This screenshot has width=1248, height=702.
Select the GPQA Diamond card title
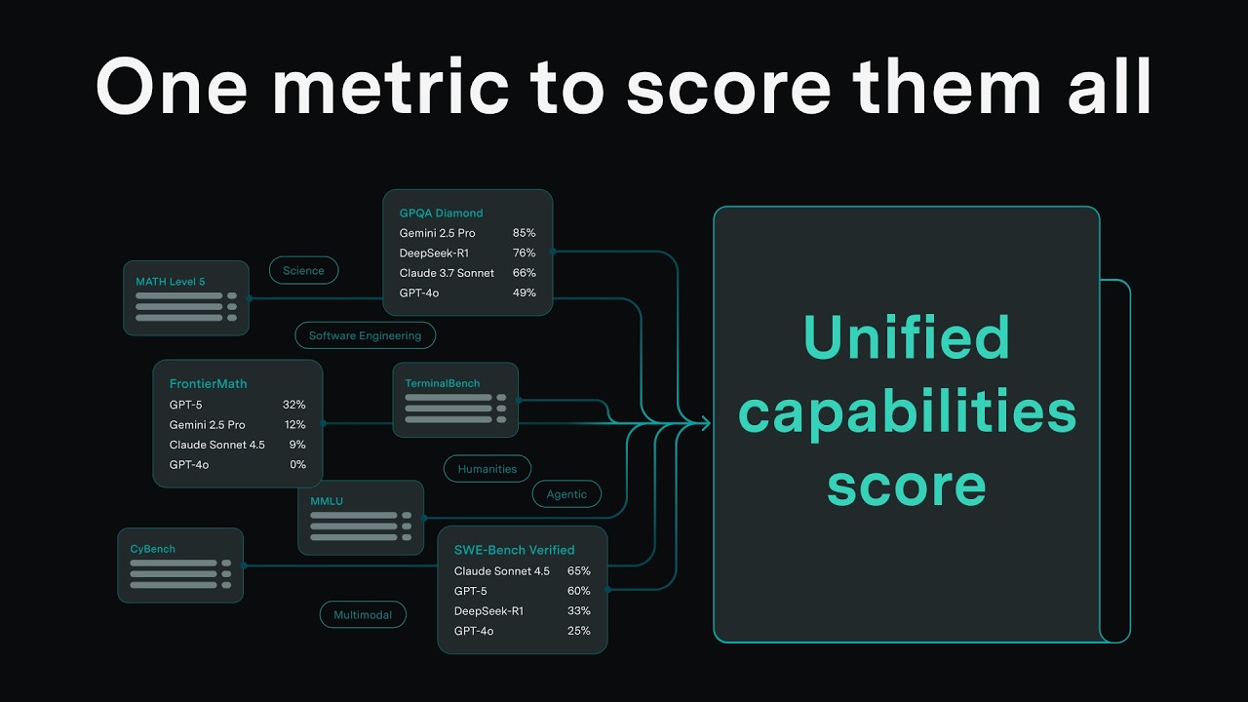coord(441,213)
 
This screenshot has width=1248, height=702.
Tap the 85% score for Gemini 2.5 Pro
coord(524,233)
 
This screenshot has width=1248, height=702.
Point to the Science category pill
coord(303,270)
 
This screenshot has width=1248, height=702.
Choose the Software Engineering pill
coord(365,335)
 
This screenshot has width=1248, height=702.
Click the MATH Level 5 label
coord(171,282)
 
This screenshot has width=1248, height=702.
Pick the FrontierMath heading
coord(208,383)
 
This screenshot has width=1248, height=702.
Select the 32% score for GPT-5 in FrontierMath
coord(294,404)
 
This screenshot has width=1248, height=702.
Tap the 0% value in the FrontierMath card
coord(297,465)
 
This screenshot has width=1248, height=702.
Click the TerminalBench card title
coord(443,383)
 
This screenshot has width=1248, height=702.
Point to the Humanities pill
coord(487,469)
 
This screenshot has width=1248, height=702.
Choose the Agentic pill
coord(566,494)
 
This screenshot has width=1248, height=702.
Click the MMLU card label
coord(327,501)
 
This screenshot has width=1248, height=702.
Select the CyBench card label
coord(153,549)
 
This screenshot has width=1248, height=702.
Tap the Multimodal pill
coord(363,615)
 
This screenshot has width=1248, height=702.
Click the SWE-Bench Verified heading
coord(514,550)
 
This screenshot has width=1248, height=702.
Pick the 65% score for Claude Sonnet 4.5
coord(578,571)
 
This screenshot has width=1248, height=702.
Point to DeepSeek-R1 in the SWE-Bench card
coord(488,611)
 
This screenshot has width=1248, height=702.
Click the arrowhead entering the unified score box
coord(705,422)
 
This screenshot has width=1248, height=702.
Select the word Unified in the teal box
coord(906,337)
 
